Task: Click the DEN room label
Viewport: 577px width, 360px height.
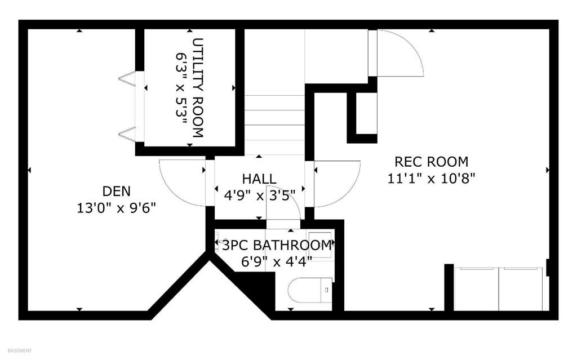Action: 116,191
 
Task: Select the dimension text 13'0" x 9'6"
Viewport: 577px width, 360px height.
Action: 116,208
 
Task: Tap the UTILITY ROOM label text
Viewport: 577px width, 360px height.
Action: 198,88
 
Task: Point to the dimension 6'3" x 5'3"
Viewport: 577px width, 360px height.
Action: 181,88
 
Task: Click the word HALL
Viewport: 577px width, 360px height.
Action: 259,179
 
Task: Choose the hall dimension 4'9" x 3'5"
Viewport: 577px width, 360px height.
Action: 259,195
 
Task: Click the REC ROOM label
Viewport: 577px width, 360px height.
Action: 431,162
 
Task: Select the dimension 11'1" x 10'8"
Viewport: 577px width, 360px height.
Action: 431,179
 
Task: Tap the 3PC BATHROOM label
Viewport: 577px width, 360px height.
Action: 276,245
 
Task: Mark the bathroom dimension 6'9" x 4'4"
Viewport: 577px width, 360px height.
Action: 276,261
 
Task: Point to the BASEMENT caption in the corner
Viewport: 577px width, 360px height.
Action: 16,350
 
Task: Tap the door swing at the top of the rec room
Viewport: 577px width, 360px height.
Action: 399,54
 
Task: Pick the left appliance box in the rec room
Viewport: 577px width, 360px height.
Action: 476,288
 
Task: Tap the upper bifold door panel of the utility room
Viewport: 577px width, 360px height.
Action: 128,78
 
